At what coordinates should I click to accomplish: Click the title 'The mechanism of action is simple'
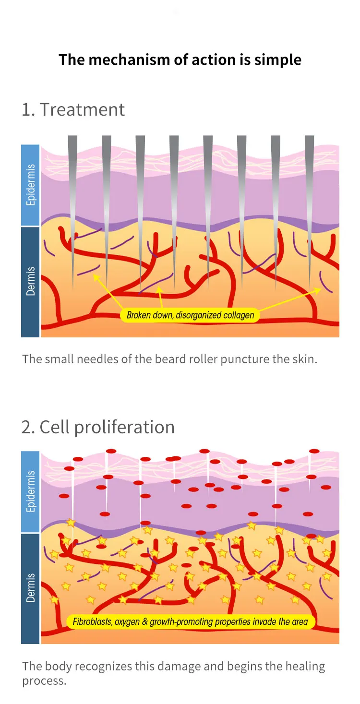click(180, 60)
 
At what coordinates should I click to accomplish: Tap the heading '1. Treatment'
click(73, 109)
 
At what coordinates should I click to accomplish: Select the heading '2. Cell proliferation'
click(98, 427)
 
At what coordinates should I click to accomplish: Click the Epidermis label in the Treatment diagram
click(31, 185)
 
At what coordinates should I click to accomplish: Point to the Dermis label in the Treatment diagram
click(31, 281)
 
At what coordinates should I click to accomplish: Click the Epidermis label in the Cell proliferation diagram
click(31, 491)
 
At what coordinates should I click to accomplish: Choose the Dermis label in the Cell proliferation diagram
click(31, 587)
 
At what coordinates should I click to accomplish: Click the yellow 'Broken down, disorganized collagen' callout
click(190, 315)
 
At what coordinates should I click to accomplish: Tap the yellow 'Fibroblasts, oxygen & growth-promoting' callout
click(190, 621)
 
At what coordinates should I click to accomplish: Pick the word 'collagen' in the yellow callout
click(239, 315)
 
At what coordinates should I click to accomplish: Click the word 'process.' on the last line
click(44, 681)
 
